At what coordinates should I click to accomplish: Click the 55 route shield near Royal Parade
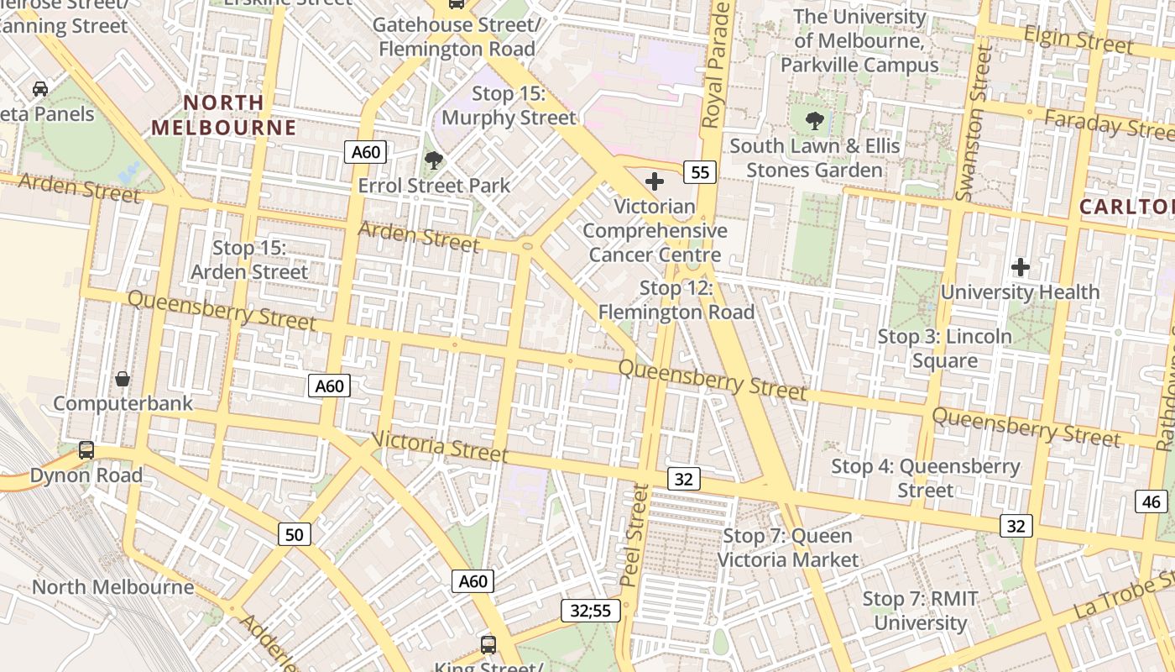point(700,173)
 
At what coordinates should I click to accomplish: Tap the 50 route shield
point(295,534)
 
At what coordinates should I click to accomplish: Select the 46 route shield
point(1151,502)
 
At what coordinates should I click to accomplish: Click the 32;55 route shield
point(591,611)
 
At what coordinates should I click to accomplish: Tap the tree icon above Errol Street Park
point(434,160)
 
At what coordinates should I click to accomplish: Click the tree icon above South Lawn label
point(814,121)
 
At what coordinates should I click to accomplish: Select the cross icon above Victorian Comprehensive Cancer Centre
point(655,181)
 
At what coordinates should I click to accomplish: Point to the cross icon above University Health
point(1021,268)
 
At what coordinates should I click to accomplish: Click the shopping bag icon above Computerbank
point(123,379)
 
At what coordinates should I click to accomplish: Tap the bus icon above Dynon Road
point(86,450)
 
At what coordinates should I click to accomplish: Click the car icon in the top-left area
point(39,88)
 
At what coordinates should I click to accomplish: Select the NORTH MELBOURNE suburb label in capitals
point(224,115)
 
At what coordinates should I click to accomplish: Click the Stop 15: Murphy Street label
point(509,106)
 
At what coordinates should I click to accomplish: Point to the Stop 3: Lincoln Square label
point(945,349)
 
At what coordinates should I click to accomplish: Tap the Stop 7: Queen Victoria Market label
point(787,548)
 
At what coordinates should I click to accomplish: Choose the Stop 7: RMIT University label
point(921,611)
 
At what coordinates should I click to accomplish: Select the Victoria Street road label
point(439,447)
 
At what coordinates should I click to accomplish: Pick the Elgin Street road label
point(1079,39)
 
